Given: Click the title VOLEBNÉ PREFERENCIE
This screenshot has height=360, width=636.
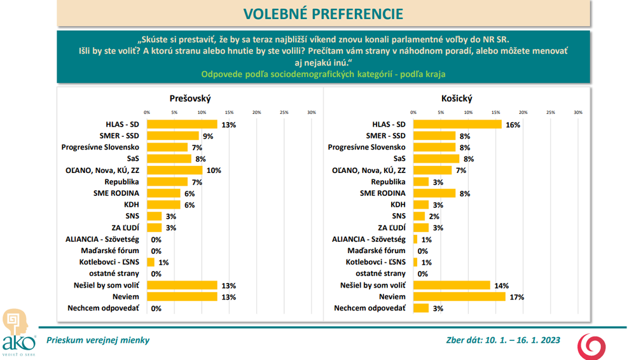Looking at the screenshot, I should click(x=322, y=14).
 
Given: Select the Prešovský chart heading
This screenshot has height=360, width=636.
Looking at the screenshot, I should click(x=190, y=99).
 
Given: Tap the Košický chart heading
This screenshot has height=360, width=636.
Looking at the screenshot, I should click(x=456, y=99).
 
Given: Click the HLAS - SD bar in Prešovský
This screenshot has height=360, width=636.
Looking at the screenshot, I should click(x=182, y=125).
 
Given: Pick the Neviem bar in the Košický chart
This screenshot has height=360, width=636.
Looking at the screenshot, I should click(x=459, y=297).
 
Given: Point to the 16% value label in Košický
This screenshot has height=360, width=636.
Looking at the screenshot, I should click(x=513, y=125).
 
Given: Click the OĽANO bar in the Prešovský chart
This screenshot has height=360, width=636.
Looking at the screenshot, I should click(x=174, y=170).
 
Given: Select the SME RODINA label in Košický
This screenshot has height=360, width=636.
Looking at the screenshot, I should click(x=383, y=193).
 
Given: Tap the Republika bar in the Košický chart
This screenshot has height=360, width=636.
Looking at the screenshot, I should click(x=421, y=182).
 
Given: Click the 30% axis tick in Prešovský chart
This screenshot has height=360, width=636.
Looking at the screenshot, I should click(x=312, y=113).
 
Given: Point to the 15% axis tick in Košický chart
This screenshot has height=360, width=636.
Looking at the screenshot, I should click(x=496, y=113).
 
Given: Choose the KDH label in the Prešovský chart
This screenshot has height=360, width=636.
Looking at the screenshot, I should click(x=132, y=205).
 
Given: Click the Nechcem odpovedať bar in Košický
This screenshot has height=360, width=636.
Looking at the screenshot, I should click(x=421, y=308).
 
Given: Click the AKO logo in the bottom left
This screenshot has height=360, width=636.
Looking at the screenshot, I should click(x=16, y=332).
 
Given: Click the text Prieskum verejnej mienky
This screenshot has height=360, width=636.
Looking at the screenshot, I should click(x=93, y=340).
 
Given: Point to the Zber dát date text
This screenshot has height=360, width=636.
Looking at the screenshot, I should click(x=503, y=340).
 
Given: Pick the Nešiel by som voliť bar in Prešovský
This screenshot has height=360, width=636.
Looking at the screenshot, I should click(x=182, y=286).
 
